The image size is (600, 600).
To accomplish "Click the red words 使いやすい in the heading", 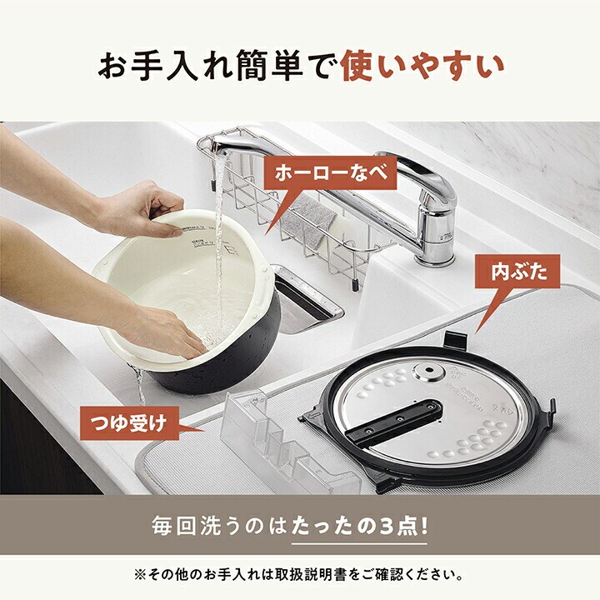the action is click(x=422, y=67).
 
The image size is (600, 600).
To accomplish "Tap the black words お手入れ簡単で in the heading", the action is click(x=214, y=67).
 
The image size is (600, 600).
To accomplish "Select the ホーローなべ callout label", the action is click(x=331, y=172).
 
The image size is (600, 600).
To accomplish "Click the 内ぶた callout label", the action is click(x=518, y=271).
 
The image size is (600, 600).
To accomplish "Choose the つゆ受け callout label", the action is click(x=129, y=422).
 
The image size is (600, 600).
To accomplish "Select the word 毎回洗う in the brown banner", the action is click(x=186, y=527).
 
